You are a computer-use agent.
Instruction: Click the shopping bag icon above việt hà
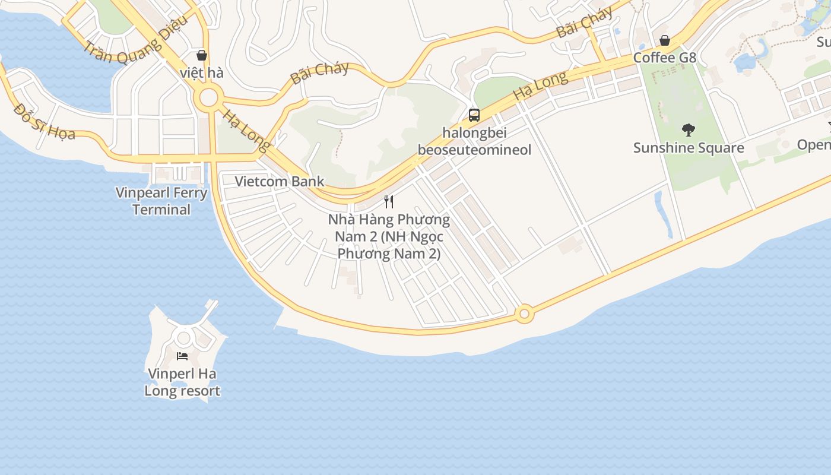tap(202, 55)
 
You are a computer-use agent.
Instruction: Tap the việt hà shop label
tap(202, 73)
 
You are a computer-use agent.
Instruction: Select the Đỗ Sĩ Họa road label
tap(45, 121)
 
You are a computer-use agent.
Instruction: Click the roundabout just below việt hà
tap(208, 98)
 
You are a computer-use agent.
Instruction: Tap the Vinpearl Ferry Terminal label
tap(161, 201)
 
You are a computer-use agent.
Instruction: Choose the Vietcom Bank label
tap(280, 181)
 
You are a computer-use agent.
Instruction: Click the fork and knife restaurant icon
tap(389, 201)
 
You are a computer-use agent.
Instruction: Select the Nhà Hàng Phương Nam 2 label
tap(389, 236)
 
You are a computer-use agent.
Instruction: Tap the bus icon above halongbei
tap(474, 115)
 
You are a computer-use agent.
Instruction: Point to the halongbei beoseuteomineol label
tap(474, 141)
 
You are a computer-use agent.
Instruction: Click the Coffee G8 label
tap(664, 58)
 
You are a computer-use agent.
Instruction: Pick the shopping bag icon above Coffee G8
tap(665, 40)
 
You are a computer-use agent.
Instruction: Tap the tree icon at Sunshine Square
tap(689, 129)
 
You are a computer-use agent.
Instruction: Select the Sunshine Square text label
tap(689, 147)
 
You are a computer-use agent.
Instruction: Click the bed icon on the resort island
tap(182, 356)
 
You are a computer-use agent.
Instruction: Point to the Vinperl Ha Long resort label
tap(182, 382)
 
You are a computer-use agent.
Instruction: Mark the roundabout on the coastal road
tap(524, 313)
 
